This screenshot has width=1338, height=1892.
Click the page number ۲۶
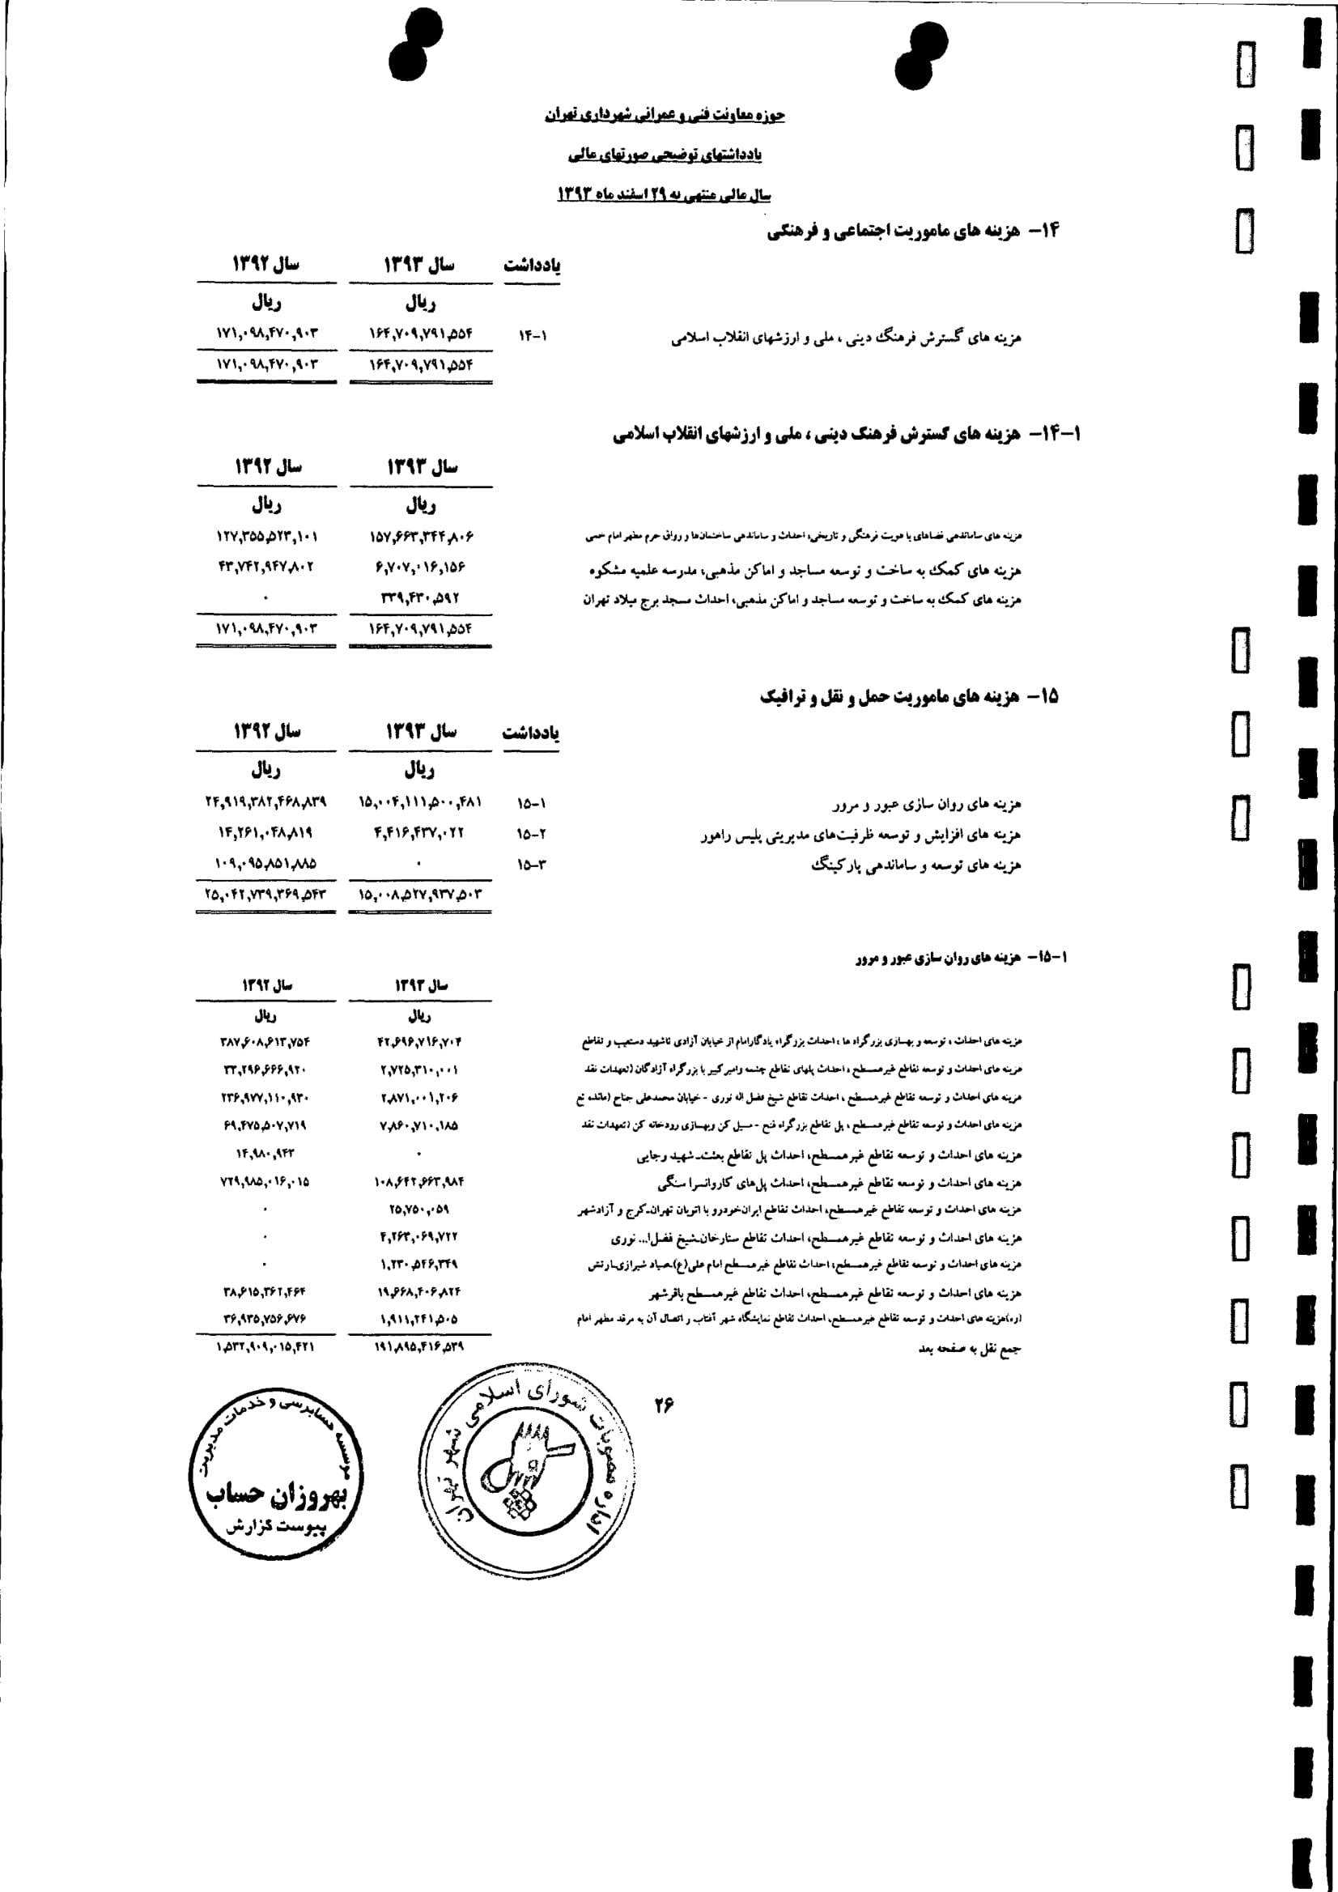663,1405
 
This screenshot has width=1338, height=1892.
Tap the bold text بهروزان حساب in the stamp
276,1493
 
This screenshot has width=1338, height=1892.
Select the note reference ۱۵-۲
532,834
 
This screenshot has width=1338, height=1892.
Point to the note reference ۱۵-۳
532,865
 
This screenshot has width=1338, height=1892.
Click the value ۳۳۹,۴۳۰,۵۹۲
419,597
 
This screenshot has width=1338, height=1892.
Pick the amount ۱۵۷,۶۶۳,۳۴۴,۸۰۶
421,537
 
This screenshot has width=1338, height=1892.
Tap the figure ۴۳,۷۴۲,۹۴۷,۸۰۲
265,567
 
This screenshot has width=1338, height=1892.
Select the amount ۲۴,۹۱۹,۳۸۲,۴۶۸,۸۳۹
265,801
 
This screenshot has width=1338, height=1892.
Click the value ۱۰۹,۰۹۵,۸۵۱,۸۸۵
265,864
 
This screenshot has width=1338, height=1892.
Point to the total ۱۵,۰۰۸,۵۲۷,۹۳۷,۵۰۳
420,894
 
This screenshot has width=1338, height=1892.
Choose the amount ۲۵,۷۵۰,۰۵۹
418,1209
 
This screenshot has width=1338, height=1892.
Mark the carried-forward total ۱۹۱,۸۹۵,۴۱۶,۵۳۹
418,1346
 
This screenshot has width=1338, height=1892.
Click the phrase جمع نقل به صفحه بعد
970,1349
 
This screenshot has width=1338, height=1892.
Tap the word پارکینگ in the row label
839,865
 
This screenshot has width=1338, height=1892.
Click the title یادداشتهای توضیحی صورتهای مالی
665,154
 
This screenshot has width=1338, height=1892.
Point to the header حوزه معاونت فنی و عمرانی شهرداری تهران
664,114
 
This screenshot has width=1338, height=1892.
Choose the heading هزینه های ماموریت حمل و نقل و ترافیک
889,697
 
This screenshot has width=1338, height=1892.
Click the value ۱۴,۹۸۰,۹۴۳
265,1154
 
